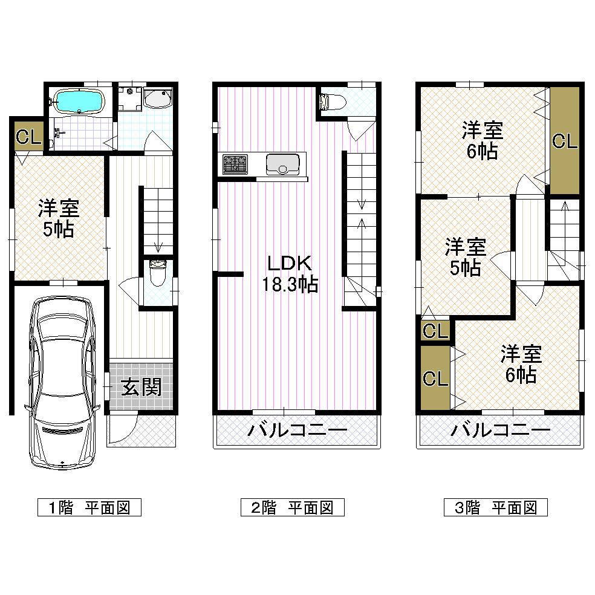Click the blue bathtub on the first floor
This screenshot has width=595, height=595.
click(x=80, y=101)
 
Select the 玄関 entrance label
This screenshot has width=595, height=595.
click(x=141, y=387)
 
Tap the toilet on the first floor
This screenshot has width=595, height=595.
click(x=158, y=273)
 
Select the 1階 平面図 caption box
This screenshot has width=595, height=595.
click(x=89, y=507)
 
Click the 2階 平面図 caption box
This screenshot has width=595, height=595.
click(x=292, y=507)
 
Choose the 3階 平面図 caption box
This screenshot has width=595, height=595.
click(x=495, y=507)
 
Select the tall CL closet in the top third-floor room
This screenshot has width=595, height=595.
click(x=564, y=141)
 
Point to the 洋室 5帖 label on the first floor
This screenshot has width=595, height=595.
click(x=58, y=218)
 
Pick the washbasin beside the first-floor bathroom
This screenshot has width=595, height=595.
click(x=159, y=98)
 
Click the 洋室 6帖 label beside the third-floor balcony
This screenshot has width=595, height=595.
click(x=520, y=363)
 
